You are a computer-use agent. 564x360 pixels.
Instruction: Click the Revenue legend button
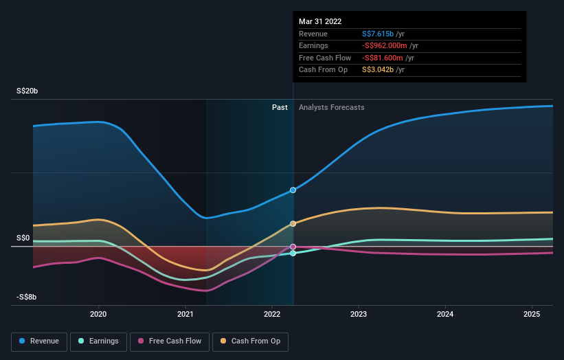[39, 341]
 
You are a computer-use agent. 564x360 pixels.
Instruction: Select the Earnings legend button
[99, 341]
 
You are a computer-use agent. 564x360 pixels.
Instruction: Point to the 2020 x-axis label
[99, 314]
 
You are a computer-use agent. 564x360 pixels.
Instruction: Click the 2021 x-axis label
[185, 314]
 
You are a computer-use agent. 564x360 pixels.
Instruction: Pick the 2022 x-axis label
[272, 314]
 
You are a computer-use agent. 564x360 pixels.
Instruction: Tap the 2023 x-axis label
[359, 314]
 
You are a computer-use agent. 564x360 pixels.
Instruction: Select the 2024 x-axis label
[445, 314]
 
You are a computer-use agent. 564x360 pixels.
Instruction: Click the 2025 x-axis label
[532, 314]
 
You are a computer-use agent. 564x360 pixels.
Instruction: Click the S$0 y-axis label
[24, 238]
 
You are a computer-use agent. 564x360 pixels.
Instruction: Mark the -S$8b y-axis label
[27, 297]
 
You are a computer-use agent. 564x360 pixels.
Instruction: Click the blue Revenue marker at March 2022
[293, 190]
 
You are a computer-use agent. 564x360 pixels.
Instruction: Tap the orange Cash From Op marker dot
[293, 223]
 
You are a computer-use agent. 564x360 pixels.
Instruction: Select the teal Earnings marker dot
[293, 254]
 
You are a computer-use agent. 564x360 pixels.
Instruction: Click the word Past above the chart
[280, 107]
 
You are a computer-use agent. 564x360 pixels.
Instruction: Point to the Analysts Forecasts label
[331, 107]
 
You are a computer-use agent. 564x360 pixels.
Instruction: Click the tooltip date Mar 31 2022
[320, 21]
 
